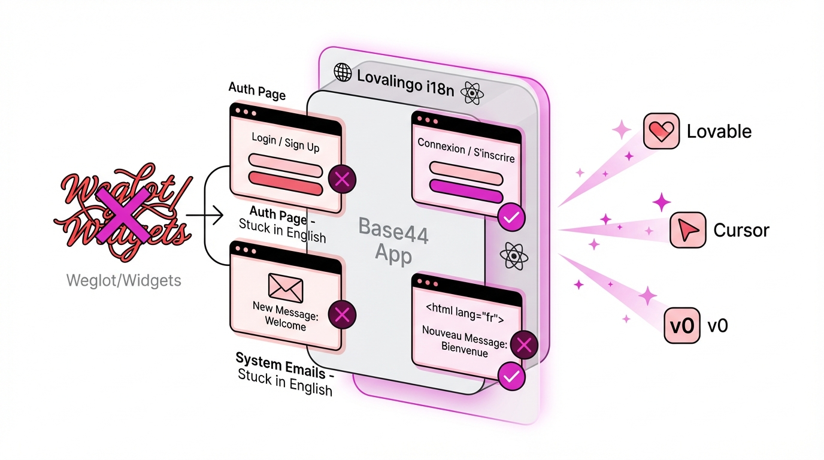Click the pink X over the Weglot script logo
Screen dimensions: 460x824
(123, 212)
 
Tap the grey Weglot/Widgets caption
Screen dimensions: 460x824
(124, 280)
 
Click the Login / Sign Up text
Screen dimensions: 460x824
(285, 143)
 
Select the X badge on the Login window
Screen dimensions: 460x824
(342, 178)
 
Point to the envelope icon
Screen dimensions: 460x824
(286, 287)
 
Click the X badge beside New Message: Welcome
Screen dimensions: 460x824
(342, 315)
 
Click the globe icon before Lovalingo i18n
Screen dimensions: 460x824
(343, 72)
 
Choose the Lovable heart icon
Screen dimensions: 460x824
(661, 131)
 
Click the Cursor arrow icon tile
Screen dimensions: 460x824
(687, 229)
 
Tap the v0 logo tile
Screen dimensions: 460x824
(681, 326)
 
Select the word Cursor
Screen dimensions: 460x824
(741, 230)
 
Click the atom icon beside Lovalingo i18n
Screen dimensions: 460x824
(473, 93)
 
